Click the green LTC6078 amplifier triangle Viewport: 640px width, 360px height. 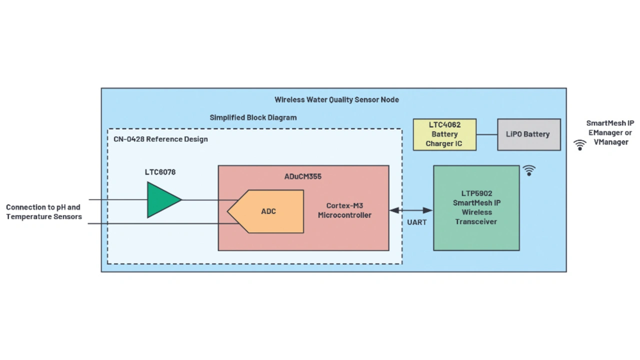click(161, 200)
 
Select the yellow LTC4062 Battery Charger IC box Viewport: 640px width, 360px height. click(444, 134)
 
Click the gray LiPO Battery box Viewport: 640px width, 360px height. click(528, 134)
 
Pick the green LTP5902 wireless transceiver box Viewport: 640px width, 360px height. click(476, 235)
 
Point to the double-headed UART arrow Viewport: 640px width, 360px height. click(411, 210)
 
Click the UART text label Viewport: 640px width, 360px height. click(416, 222)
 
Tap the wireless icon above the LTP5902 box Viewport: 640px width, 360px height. click(529, 170)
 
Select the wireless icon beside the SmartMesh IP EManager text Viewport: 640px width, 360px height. click(579, 145)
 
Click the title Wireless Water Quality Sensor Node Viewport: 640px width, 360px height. click(336, 99)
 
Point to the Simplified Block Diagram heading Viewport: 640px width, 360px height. click(253, 117)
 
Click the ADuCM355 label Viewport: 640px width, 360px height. click(303, 176)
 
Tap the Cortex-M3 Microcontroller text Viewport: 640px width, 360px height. click(344, 210)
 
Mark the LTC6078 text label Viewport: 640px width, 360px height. click(160, 172)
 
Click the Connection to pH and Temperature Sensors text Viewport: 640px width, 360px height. click(43, 212)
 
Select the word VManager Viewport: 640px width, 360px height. click(610, 142)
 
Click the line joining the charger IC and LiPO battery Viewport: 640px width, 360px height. click(486, 134)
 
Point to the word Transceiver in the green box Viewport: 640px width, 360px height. click(475, 221)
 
